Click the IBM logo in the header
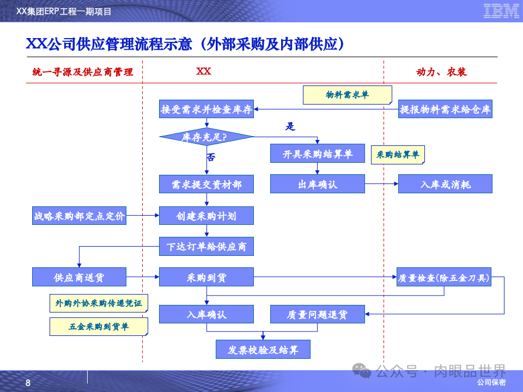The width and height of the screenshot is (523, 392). tap(501, 11)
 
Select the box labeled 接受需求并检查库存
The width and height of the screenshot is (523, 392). tap(206, 109)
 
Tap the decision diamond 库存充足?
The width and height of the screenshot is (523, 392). tap(206, 137)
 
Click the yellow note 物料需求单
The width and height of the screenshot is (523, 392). tap(347, 95)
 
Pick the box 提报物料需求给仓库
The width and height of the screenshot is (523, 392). tap(445, 109)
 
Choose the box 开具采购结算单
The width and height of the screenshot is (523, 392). tap(318, 154)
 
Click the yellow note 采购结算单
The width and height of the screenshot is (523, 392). tap(398, 155)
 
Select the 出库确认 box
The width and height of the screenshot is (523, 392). tap(318, 185)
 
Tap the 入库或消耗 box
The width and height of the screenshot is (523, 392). tap(445, 185)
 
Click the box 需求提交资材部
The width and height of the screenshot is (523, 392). tap(206, 185)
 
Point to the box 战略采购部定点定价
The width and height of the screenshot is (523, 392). tap(79, 216)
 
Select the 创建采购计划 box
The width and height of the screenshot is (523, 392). tap(206, 216)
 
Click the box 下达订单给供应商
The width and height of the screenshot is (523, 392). tap(206, 247)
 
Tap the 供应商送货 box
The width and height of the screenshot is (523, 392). tap(79, 277)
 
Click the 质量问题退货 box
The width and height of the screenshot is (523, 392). tap(318, 314)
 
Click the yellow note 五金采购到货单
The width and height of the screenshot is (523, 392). tap(99, 327)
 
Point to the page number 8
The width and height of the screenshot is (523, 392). tap(28, 383)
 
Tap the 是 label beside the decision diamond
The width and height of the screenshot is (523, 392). tap(290, 127)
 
